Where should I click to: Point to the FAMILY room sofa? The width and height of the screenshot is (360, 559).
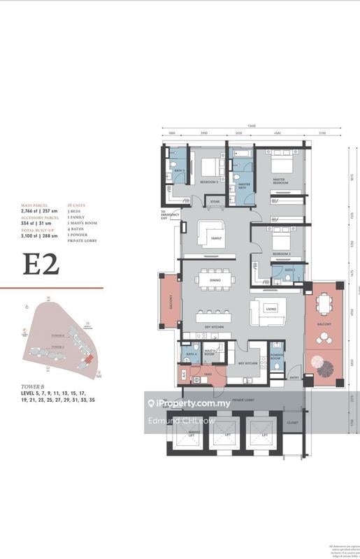pos(207,233)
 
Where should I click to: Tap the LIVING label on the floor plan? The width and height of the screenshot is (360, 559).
pos(271,308)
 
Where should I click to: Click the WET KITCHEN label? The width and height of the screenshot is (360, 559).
pos(249,363)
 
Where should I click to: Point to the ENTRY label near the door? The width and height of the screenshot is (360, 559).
pos(293,377)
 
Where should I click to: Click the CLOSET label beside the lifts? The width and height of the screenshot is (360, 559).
pos(292,423)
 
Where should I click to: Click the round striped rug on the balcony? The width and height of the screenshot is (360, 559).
pos(324,365)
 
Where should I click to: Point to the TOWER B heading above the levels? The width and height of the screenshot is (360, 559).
pos(34,386)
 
